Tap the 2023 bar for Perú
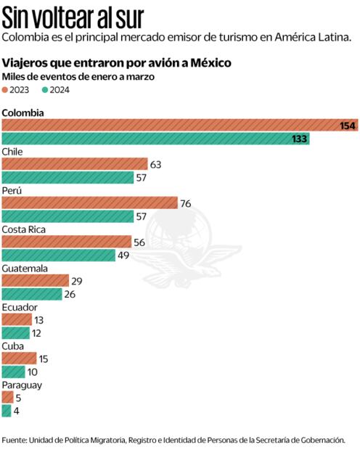(90, 203)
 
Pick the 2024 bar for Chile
(68, 177)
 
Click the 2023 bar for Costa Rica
(67, 242)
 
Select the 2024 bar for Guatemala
(32, 294)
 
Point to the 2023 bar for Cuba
(19, 359)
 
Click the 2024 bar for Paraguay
(7, 411)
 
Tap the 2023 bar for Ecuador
(17, 320)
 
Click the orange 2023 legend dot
(6, 90)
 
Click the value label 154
(348, 126)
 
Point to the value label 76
(185, 203)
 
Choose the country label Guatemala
(25, 268)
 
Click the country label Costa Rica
(25, 229)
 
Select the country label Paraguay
(22, 385)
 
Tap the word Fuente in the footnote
(15, 439)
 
